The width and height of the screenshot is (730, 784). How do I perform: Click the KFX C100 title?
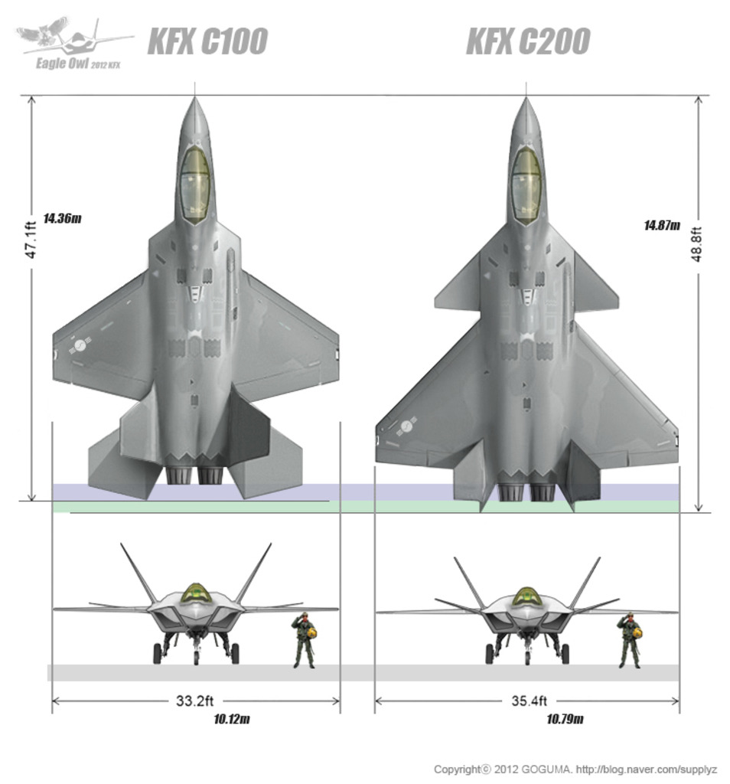pyautogui.click(x=207, y=41)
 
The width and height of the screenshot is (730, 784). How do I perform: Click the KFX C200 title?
pyautogui.click(x=528, y=41)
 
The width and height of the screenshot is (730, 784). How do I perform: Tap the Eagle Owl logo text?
pyautogui.click(x=78, y=64)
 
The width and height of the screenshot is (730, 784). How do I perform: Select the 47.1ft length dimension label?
pyautogui.click(x=31, y=240)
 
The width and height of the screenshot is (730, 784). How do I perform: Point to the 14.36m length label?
pyautogui.click(x=62, y=218)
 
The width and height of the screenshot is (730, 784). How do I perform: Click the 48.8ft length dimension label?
pyautogui.click(x=697, y=244)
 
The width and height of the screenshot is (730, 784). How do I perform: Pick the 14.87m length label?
pyautogui.click(x=662, y=226)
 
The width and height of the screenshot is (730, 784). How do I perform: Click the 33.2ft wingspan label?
pyautogui.click(x=195, y=701)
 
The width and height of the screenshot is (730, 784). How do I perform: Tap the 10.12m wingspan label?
pyautogui.click(x=232, y=719)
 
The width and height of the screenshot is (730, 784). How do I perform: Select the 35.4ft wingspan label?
pyautogui.click(x=530, y=701)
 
